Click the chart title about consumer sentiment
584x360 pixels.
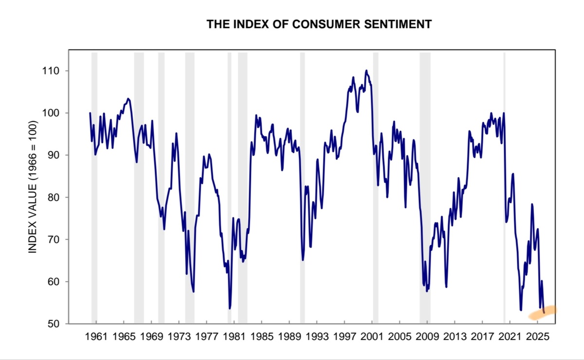tap(319, 24)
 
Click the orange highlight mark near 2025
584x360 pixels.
tap(543, 313)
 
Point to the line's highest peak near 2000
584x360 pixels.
tap(366, 71)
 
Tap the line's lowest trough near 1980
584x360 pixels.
tap(230, 308)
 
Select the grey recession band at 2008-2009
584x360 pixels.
tap(425, 185)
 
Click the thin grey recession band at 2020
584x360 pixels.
tap(504, 185)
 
